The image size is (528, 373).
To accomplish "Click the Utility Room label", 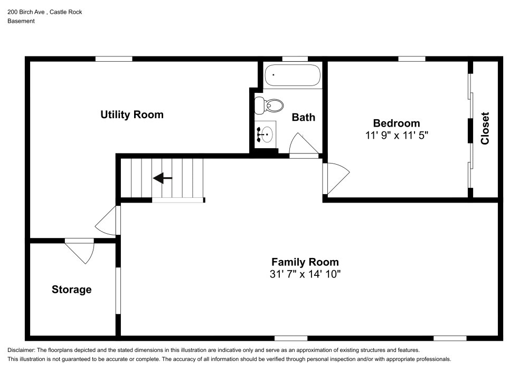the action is click(132, 114).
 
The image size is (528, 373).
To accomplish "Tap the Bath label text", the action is click(304, 117).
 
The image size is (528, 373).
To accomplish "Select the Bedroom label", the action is click(397, 123).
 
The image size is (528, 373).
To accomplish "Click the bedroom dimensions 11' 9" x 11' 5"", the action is click(397, 135).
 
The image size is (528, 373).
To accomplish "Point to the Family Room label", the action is click(305, 262).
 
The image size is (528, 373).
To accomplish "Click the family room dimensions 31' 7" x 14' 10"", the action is click(305, 274).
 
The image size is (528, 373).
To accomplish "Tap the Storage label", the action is click(71, 290).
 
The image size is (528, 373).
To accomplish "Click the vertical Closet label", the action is click(485, 129).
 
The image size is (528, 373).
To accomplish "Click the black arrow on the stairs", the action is click(163, 178).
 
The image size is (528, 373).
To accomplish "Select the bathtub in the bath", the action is click(293, 75).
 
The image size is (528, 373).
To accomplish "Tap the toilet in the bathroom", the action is click(269, 105).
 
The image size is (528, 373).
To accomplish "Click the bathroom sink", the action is click(266, 135).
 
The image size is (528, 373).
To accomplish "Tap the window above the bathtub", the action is click(295, 59).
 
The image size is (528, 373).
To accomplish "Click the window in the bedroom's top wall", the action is click(412, 59).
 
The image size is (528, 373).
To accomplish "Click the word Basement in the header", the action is click(21, 21).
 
